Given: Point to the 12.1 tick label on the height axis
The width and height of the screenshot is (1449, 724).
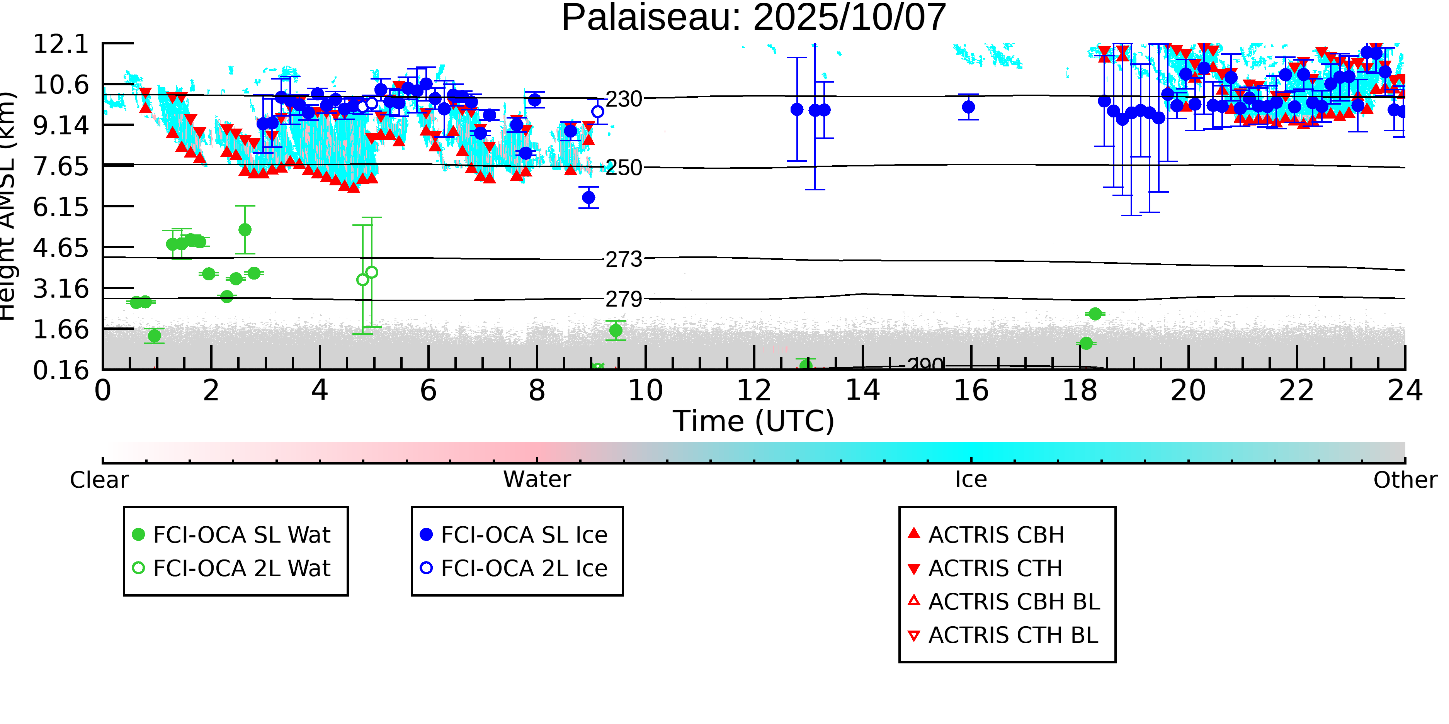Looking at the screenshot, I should pyautogui.click(x=61, y=44).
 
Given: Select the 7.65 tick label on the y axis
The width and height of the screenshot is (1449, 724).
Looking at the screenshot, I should pyautogui.click(x=61, y=166).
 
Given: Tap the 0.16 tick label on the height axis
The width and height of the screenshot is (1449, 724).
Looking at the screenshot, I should pyautogui.click(x=61, y=370).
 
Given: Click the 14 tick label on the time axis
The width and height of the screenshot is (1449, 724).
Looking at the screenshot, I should pyautogui.click(x=862, y=391).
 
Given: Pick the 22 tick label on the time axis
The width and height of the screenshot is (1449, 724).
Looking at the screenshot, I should pyautogui.click(x=1296, y=391).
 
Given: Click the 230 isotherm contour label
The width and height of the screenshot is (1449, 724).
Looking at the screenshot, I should pyautogui.click(x=623, y=100).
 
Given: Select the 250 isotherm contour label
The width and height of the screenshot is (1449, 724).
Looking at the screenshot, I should pyautogui.click(x=623, y=168).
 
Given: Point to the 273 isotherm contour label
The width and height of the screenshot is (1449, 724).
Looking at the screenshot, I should pyautogui.click(x=623, y=260).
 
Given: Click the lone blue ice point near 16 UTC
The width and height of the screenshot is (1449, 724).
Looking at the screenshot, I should pyautogui.click(x=968, y=107).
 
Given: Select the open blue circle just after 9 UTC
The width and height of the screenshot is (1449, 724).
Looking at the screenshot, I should pyautogui.click(x=597, y=112).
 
